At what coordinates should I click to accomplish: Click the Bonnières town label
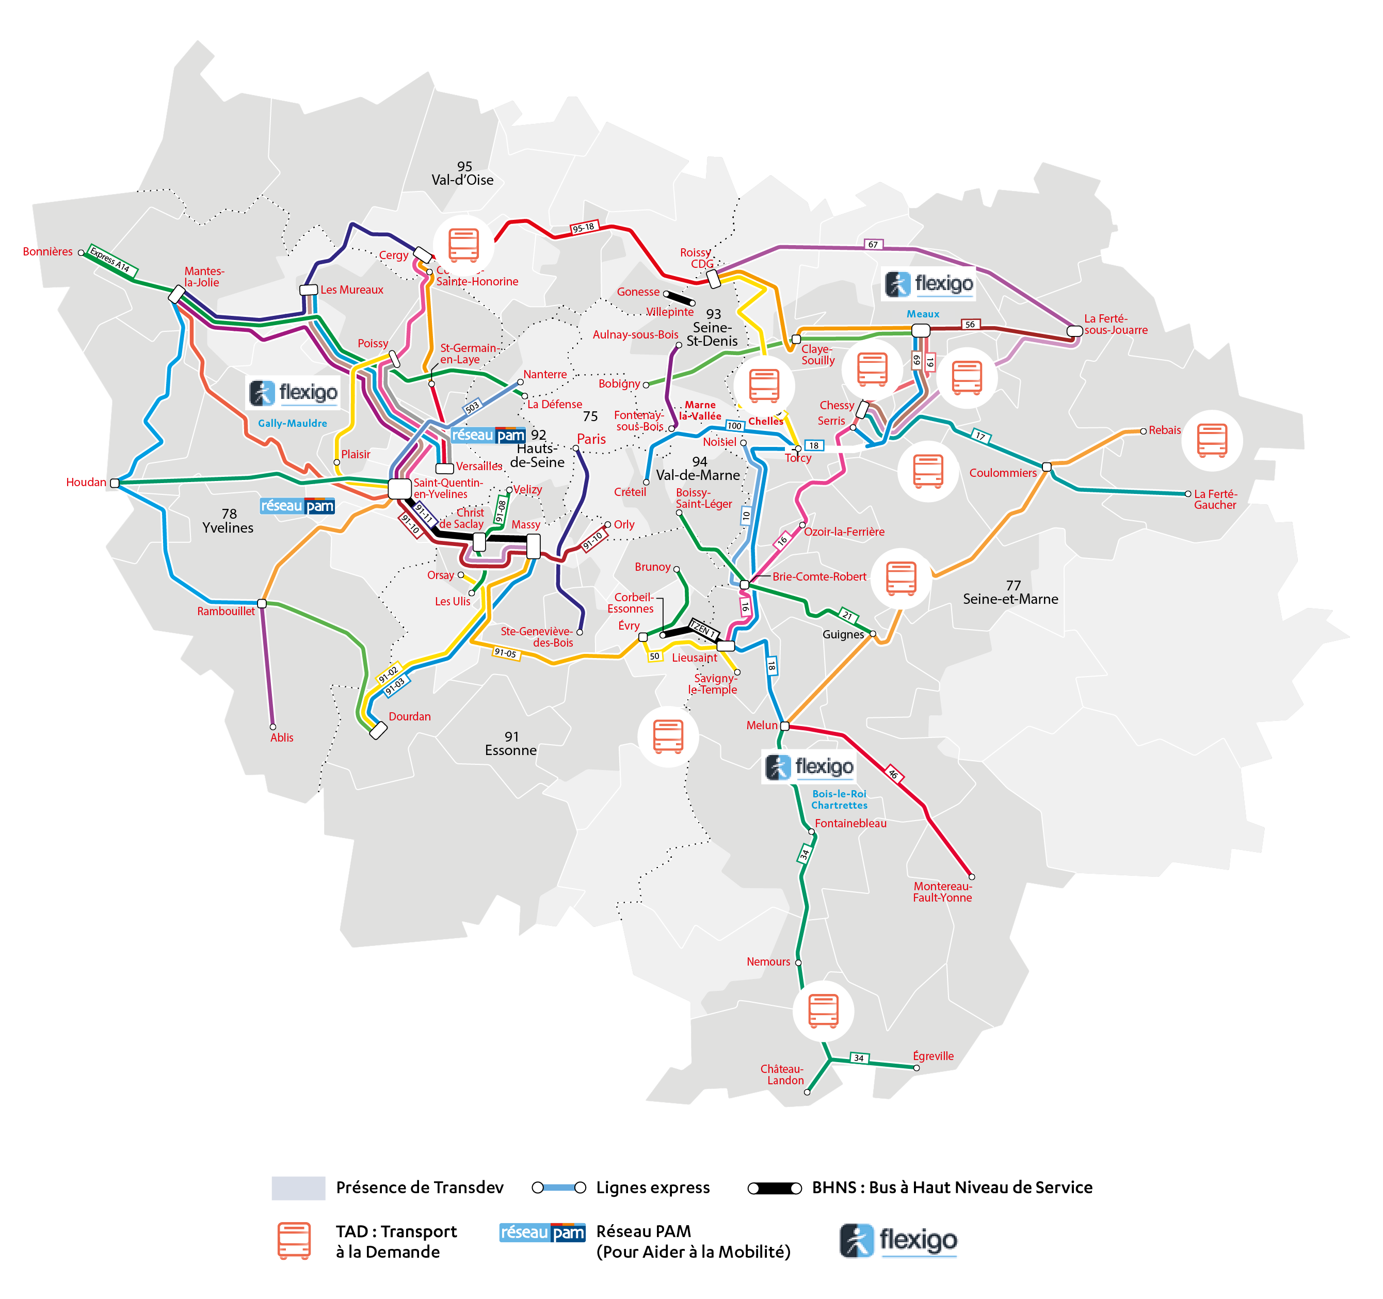47,252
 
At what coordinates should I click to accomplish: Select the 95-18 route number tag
583,228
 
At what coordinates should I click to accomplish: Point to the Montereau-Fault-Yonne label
943,892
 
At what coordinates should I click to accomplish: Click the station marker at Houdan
115,483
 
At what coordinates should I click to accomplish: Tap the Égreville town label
933,1056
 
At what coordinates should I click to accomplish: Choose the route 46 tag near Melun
893,774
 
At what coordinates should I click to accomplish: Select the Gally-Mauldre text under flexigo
292,423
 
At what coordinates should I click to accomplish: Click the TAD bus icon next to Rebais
1211,440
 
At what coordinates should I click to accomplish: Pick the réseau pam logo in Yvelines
297,506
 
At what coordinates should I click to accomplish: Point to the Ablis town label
282,737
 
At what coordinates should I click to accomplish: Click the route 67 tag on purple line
873,244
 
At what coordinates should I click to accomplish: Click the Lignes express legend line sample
559,1188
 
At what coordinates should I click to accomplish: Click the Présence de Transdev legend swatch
298,1188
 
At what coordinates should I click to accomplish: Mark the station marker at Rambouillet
262,603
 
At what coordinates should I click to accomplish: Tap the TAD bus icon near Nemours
823,1011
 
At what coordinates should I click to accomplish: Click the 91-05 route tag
505,653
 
